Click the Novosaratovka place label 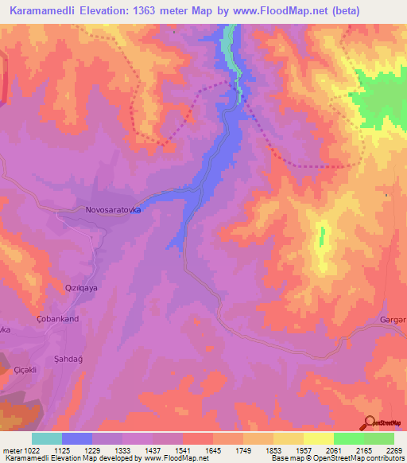(x=113, y=211)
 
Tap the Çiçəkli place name (x=31, y=369)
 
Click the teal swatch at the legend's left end (x=46, y=438)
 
